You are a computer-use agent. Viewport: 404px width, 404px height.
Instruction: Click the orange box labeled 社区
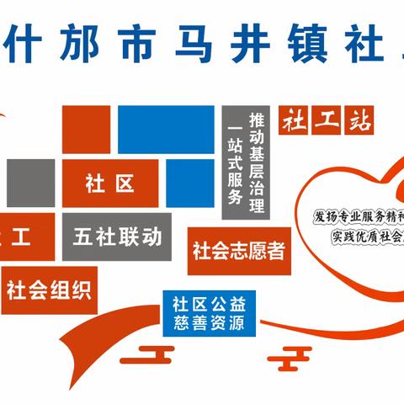point(110,183)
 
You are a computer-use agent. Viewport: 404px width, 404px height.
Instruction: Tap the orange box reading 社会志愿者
point(239,251)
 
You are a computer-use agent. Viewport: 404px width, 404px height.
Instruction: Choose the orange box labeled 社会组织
point(50,290)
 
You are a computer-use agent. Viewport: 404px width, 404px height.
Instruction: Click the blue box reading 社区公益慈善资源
point(207,311)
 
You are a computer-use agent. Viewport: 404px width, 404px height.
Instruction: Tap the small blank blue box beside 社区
point(190,183)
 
